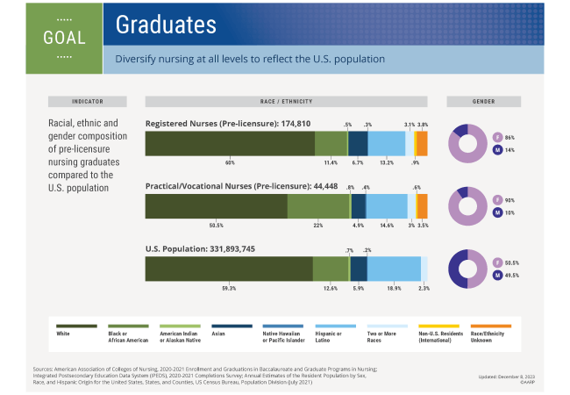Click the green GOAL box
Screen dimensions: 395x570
click(64, 38)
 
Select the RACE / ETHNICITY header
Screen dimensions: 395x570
click(286, 101)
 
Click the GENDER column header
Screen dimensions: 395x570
click(483, 101)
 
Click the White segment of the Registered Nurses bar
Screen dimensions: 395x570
click(230, 143)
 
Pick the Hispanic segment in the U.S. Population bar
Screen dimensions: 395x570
click(395, 269)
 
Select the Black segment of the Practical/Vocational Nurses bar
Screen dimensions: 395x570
click(318, 206)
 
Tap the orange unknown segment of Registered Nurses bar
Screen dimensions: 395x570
click(422, 143)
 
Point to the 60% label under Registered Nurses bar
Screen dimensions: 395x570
click(230, 163)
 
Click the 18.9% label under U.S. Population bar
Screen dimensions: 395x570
click(395, 288)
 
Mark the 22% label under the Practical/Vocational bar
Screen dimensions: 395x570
click(318, 226)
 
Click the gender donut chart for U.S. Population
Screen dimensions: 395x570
click(468, 269)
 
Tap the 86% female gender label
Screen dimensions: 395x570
click(509, 138)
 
